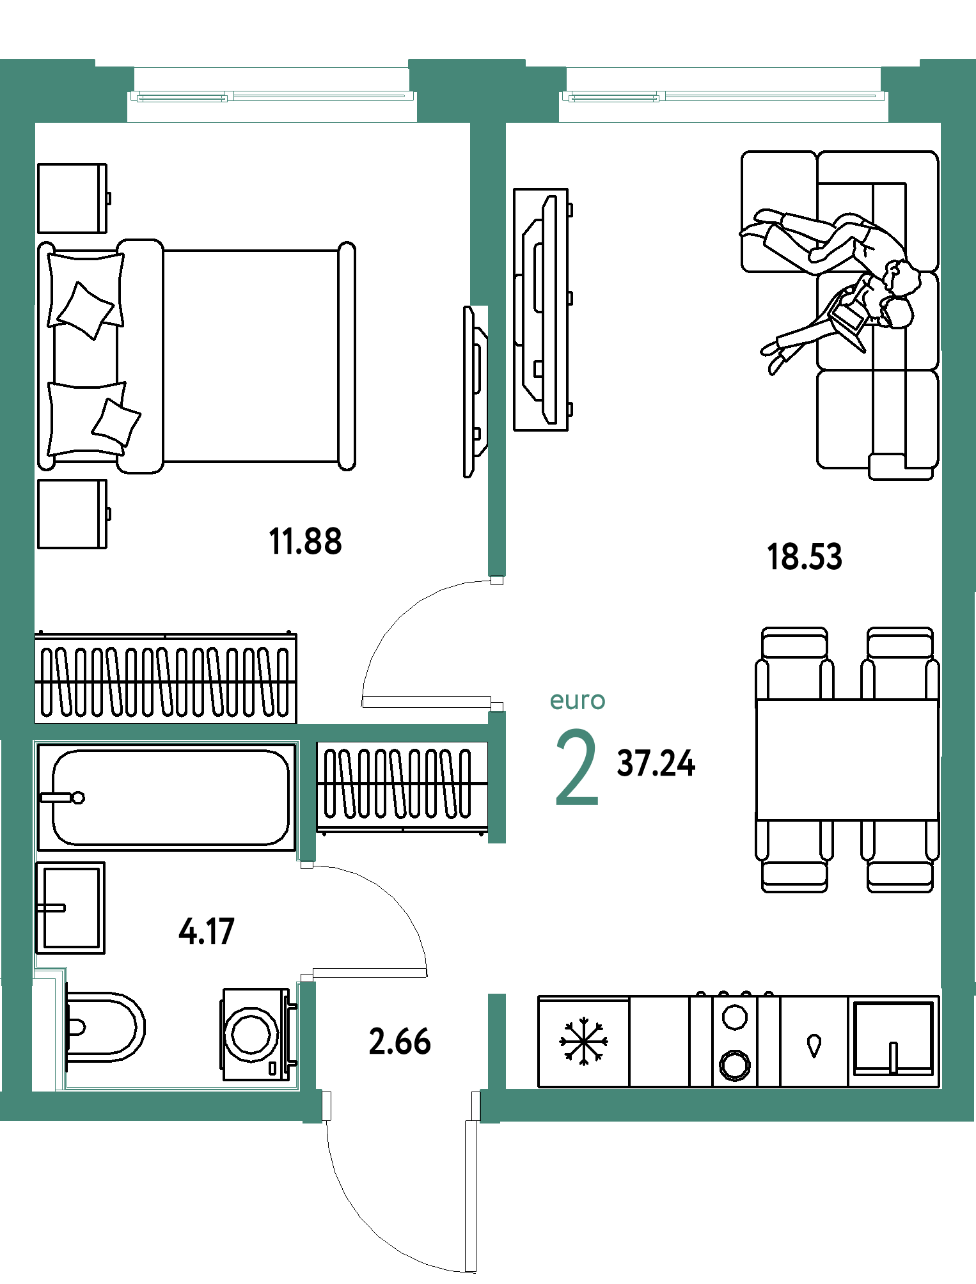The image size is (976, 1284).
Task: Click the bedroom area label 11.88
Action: [306, 542]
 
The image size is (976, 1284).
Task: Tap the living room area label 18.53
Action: [805, 556]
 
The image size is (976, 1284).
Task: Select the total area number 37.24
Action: [656, 763]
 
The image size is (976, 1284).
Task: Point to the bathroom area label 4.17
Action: [207, 931]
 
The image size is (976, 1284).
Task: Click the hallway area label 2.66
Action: [400, 1042]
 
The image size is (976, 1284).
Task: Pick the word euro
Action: [578, 701]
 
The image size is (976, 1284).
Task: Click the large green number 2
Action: [577, 768]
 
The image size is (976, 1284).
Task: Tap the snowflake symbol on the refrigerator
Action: [583, 1042]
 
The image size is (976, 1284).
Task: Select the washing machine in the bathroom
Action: [258, 1035]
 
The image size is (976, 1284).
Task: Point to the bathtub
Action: [167, 797]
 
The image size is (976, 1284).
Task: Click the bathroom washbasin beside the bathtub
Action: [70, 908]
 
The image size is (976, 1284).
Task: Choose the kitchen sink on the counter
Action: [893, 1038]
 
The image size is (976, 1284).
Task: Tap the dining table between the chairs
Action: [847, 760]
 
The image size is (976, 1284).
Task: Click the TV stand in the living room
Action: [541, 309]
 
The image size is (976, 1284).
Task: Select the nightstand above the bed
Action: [72, 198]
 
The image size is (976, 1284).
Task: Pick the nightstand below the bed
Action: [72, 514]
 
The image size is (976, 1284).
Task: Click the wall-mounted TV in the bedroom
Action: [475, 392]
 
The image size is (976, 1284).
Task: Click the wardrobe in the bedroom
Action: [166, 678]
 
